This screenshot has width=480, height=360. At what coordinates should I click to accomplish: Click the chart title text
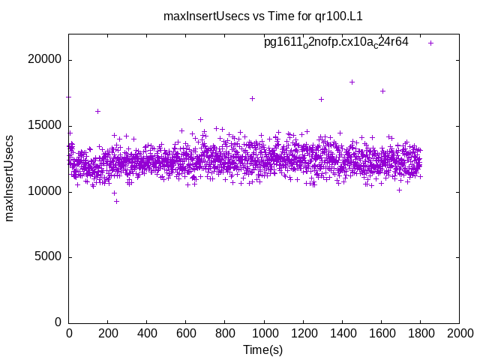coord(268,16)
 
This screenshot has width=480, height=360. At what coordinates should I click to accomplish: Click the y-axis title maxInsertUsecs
coord(10,178)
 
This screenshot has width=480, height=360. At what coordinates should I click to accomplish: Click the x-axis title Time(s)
coord(263,349)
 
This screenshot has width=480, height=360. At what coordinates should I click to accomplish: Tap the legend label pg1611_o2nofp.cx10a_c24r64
coord(336,43)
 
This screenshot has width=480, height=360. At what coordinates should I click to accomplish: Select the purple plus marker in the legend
coord(431,43)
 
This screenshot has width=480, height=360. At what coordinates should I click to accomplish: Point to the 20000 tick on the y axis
coord(46,60)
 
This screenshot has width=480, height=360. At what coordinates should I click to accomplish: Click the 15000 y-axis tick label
coord(46,126)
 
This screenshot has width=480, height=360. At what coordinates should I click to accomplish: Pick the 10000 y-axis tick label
coord(46,191)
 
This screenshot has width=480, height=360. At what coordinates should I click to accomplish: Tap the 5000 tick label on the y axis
coord(49,257)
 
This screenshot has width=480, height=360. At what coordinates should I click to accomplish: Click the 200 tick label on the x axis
coord(108,332)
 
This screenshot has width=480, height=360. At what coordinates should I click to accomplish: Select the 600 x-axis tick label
coord(186,332)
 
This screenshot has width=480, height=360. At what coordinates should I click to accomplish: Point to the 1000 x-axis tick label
coord(264,332)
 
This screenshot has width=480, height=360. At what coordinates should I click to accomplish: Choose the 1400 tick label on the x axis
coord(342,332)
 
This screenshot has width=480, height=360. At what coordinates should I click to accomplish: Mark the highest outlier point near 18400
coord(352,82)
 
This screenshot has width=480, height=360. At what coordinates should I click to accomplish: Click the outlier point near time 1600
coord(382,91)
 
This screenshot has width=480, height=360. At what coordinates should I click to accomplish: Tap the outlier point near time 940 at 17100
coord(252,98)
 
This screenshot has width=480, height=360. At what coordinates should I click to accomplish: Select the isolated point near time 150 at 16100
coord(97,111)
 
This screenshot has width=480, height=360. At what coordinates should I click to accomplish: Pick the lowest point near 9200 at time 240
coord(116,201)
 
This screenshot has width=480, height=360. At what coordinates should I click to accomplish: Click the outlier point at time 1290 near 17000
coord(321,99)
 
